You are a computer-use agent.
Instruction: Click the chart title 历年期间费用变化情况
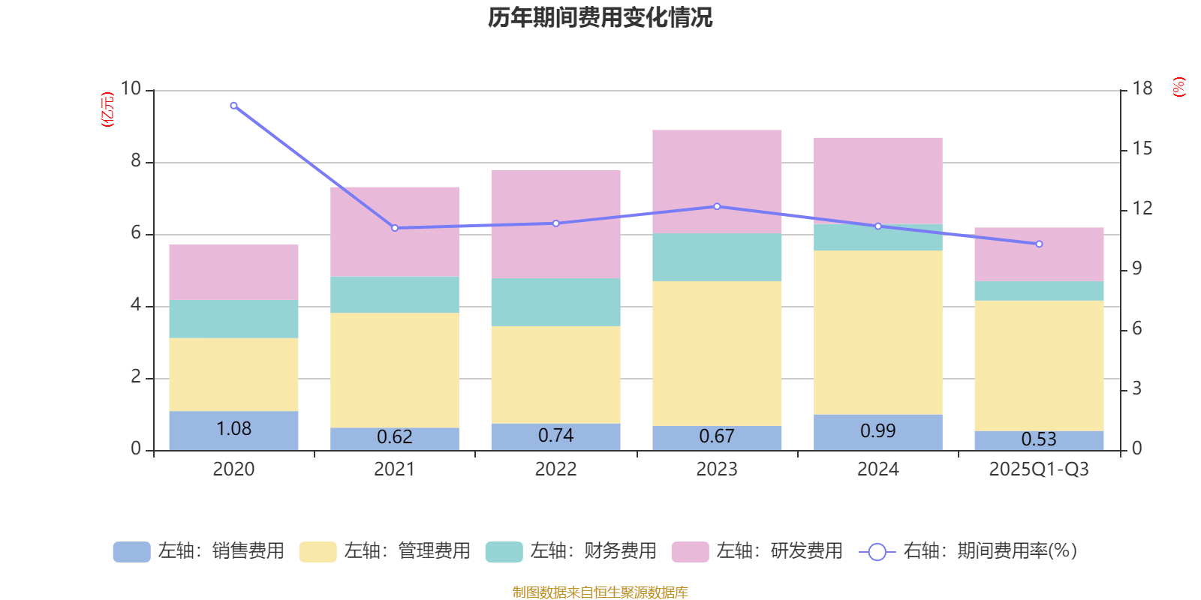tap(600, 17)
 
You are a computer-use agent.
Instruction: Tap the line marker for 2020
tap(233, 106)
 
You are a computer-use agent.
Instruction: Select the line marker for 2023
tap(717, 206)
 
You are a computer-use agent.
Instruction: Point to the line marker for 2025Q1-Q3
tap(1039, 244)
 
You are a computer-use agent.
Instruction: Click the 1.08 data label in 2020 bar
tap(233, 429)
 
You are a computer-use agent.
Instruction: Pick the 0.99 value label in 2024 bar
tap(877, 431)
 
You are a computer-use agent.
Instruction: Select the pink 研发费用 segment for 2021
tap(395, 232)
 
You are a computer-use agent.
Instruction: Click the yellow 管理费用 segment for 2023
tap(717, 353)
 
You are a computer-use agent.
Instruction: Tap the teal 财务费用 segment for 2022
tap(555, 302)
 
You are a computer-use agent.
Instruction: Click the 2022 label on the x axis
tap(555, 469)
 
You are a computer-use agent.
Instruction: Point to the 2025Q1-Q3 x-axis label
tap(1039, 469)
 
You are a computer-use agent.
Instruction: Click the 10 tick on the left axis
tap(131, 88)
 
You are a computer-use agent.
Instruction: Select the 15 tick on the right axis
tap(1142, 148)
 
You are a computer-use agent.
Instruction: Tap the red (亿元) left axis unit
tap(107, 109)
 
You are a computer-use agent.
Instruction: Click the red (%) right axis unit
tap(1179, 87)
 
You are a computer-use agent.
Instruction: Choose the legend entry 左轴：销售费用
tap(199, 551)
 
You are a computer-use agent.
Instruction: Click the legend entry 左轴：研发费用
tap(757, 551)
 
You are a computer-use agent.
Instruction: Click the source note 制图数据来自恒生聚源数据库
tap(600, 592)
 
